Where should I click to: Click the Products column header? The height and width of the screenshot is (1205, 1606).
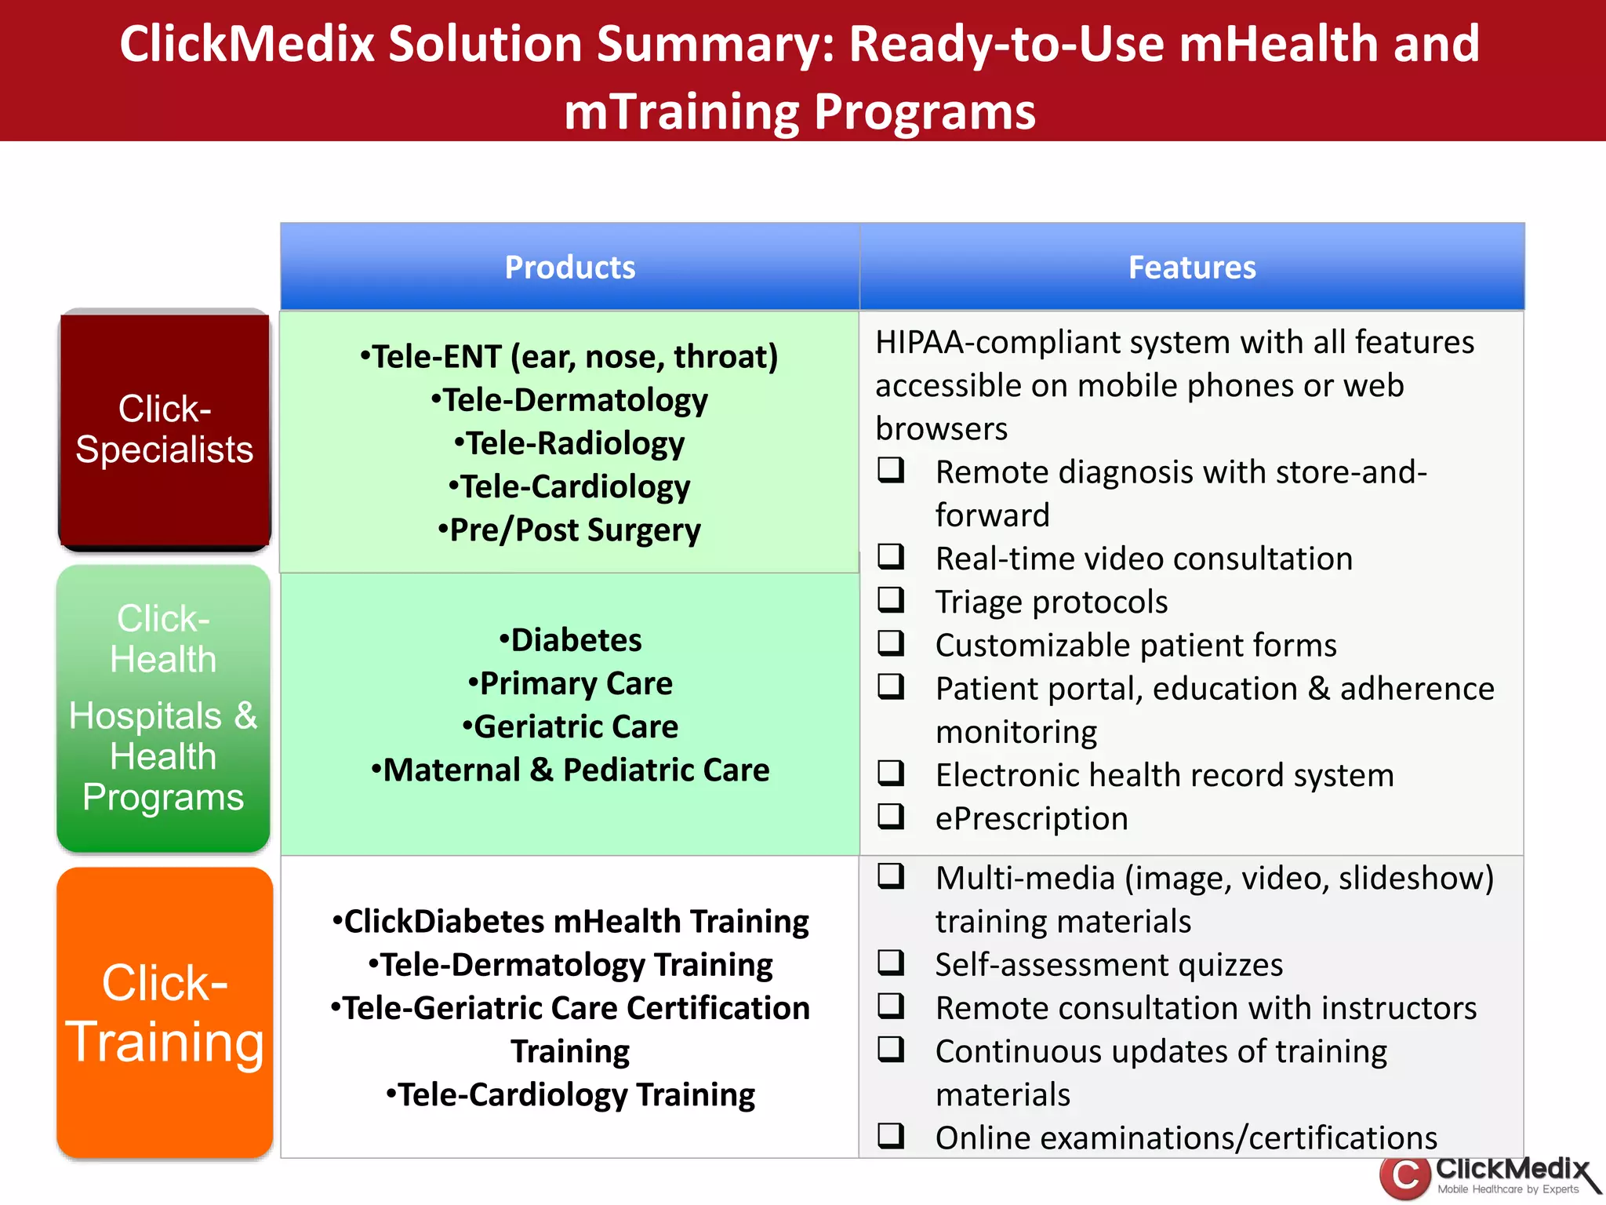click(x=570, y=268)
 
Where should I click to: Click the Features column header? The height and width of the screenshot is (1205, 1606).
click(x=1191, y=268)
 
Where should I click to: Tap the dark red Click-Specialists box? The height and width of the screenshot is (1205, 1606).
click(x=165, y=429)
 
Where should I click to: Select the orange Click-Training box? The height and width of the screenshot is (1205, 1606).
click(x=165, y=1013)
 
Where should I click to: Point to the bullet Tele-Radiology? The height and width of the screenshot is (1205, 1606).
click(x=570, y=443)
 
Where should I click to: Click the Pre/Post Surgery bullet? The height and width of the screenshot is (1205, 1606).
click(x=570, y=530)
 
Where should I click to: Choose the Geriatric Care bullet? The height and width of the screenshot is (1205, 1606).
click(x=570, y=726)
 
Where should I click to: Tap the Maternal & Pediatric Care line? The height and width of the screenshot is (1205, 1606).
click(x=570, y=770)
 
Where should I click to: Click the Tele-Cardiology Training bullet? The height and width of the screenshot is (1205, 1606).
click(x=570, y=1095)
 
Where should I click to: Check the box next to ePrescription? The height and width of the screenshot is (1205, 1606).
click(x=891, y=816)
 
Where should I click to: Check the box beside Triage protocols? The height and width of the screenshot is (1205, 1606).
click(x=891, y=599)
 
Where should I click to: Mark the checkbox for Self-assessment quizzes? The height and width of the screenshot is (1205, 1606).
click(x=891, y=962)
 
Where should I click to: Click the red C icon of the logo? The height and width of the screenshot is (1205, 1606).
click(x=1404, y=1177)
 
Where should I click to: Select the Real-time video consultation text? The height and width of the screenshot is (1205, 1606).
click(x=1144, y=559)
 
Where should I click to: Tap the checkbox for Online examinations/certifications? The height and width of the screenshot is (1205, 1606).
click(x=891, y=1135)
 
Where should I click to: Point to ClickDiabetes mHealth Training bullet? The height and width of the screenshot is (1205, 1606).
click(x=570, y=922)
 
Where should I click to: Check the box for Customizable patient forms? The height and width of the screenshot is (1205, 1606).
click(x=891, y=643)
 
